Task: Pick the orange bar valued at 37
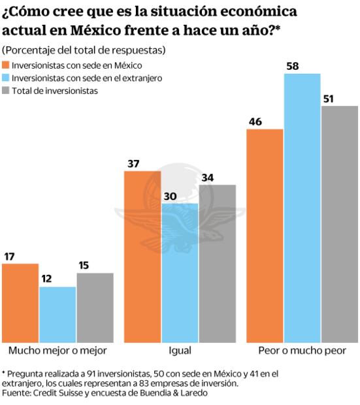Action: click(142, 256)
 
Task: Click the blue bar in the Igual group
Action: click(180, 272)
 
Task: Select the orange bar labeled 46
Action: click(265, 235)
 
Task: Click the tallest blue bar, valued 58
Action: click(302, 208)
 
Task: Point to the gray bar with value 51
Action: click(339, 223)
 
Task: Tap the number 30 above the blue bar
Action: click(169, 196)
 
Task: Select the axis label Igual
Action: click(180, 351)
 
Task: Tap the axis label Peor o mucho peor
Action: click(301, 351)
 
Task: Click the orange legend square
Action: click(6, 65)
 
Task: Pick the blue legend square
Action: click(6, 78)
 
